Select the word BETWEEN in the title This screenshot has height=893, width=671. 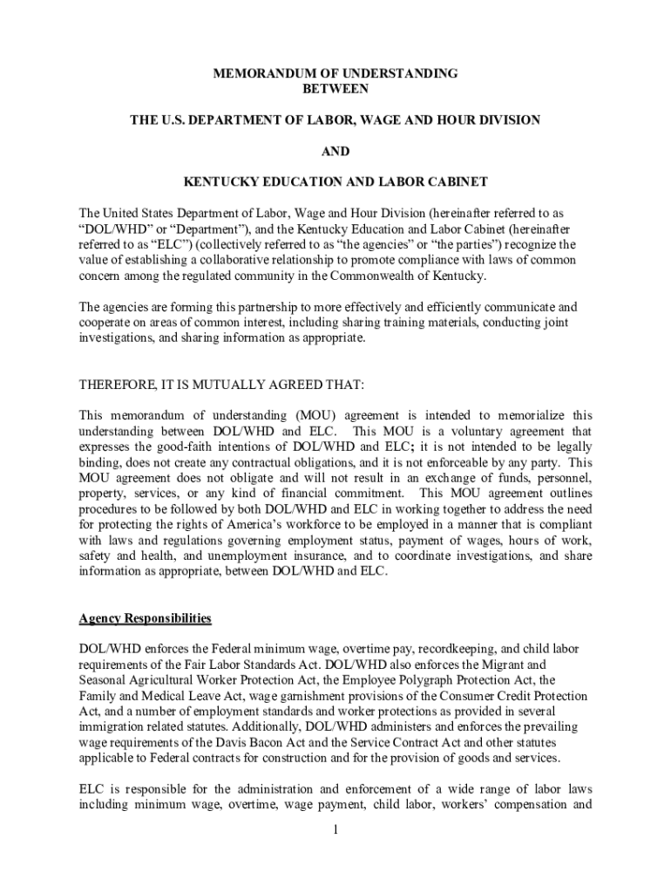tap(335, 88)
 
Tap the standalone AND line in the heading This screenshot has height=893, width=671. tap(335, 151)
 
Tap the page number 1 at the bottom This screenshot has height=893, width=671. tap(335, 828)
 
